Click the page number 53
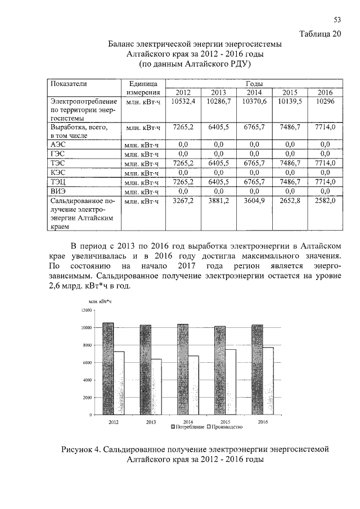pyautogui.click(x=337, y=21)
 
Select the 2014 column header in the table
pyautogui.click(x=254, y=93)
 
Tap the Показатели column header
pyautogui.click(x=69, y=83)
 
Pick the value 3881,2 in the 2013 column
pyautogui.click(x=218, y=200)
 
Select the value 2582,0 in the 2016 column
pyautogui.click(x=325, y=200)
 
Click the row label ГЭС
pyautogui.click(x=58, y=153)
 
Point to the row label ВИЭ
pyautogui.click(x=58, y=191)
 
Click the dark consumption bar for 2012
pyautogui.click(x=108, y=368)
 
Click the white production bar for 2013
pyautogui.click(x=156, y=387)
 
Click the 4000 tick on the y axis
pyautogui.click(x=84, y=380)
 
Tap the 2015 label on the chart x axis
pyautogui.click(x=226, y=421)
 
